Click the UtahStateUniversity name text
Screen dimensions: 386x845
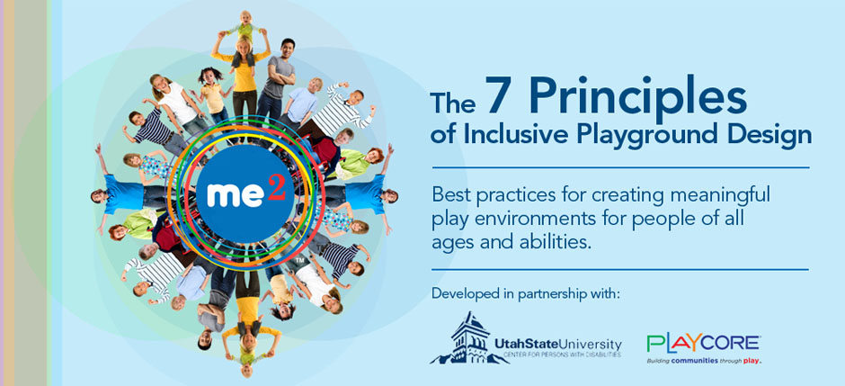[x=557, y=343]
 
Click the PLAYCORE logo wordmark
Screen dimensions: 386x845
[x=703, y=343]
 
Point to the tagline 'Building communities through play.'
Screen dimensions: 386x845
[x=703, y=361]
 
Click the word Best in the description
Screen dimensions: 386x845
[x=450, y=194]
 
